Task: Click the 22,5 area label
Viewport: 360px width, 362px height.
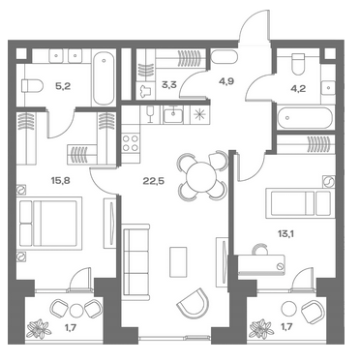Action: click(x=154, y=181)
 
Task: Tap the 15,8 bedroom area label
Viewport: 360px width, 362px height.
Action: click(x=60, y=180)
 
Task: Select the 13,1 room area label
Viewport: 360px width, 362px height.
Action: click(x=286, y=234)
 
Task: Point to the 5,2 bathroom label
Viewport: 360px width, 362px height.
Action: click(x=63, y=86)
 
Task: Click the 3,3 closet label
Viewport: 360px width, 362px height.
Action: click(x=169, y=86)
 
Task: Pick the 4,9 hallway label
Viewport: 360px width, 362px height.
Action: click(x=226, y=81)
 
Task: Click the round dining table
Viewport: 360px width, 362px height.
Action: click(x=201, y=177)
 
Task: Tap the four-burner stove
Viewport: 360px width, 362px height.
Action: click(x=131, y=143)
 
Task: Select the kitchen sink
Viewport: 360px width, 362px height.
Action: click(x=173, y=115)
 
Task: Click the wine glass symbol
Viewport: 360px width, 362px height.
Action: click(x=150, y=115)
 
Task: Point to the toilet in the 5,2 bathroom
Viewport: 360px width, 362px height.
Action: click(x=32, y=86)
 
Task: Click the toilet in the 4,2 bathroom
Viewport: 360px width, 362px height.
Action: click(x=297, y=63)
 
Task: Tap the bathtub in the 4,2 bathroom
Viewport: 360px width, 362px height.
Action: click(x=305, y=118)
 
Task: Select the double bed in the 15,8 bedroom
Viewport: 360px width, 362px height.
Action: click(x=50, y=223)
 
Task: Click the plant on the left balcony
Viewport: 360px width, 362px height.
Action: click(x=39, y=329)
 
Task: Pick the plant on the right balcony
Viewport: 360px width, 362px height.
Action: click(x=262, y=329)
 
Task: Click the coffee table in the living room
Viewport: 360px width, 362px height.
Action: click(x=178, y=262)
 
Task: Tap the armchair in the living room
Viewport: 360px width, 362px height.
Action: click(x=194, y=303)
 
